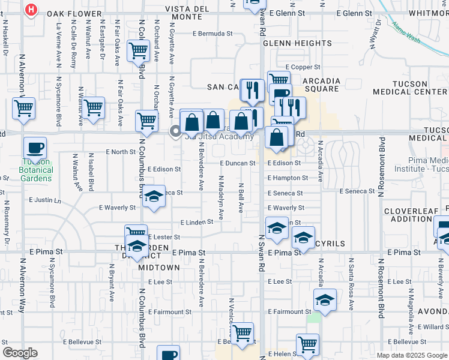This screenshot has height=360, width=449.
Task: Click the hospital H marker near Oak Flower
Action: (32, 10)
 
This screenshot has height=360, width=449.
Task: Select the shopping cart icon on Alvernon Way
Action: (23, 108)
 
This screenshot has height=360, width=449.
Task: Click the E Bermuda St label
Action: (213, 34)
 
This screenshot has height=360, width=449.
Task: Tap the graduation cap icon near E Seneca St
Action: (154, 197)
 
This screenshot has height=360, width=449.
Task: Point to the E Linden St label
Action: (197, 222)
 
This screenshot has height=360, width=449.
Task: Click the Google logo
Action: (20, 353)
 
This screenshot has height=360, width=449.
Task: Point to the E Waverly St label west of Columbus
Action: (118, 208)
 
